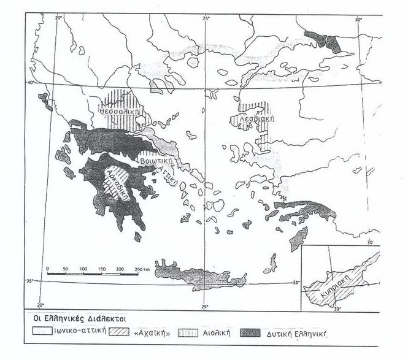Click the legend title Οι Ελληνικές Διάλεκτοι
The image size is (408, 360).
point(71,320)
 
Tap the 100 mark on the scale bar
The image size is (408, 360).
point(82,269)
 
